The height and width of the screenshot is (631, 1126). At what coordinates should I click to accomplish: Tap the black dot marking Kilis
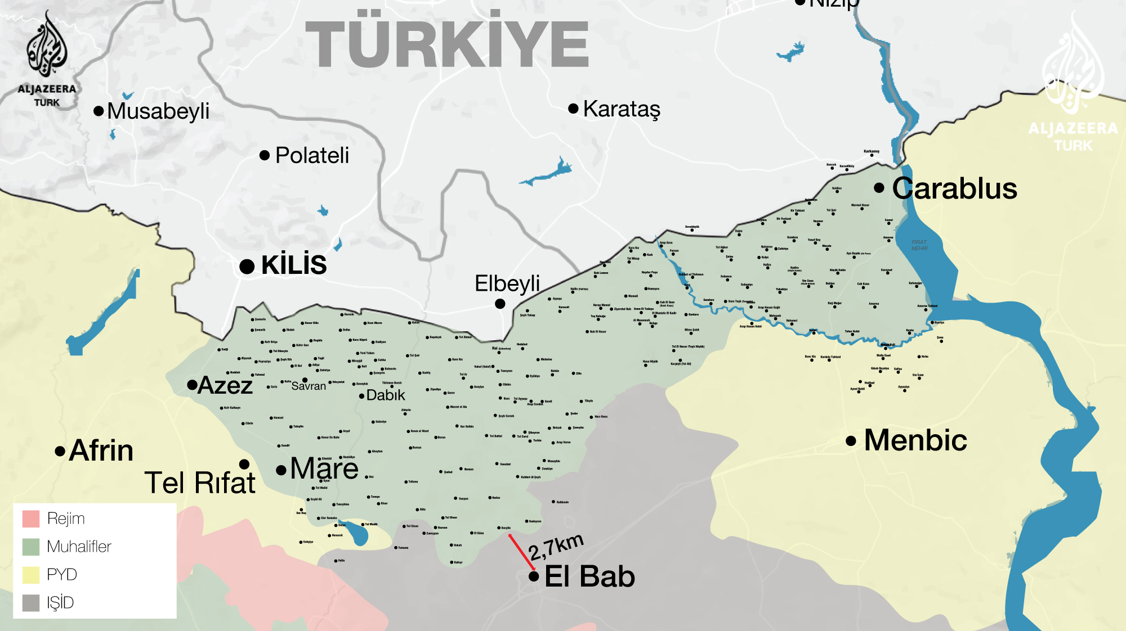(247, 267)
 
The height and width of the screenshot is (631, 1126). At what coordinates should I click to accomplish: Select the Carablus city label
(954, 188)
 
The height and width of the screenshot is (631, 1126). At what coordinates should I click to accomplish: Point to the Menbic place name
(915, 440)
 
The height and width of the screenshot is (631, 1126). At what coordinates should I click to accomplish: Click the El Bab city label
(589, 576)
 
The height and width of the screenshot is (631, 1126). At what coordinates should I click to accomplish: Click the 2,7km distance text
(556, 547)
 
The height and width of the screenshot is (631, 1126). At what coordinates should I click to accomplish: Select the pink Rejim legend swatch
(31, 519)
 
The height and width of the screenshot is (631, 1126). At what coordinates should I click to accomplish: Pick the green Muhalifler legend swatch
(31, 547)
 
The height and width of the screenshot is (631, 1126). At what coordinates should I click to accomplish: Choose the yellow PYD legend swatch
(31, 575)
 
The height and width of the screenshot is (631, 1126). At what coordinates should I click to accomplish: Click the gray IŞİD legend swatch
(31, 603)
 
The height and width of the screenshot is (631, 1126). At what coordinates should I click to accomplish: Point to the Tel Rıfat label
(200, 483)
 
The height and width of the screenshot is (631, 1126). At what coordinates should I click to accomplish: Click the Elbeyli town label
(507, 283)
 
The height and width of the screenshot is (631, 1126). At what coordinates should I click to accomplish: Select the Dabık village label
(386, 395)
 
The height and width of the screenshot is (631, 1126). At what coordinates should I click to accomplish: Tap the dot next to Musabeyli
(99, 111)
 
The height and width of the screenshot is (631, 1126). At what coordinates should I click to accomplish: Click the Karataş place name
(622, 109)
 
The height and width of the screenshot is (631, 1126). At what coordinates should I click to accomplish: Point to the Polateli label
(312, 156)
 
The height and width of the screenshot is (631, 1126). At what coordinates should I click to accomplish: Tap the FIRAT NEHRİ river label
(919, 245)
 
